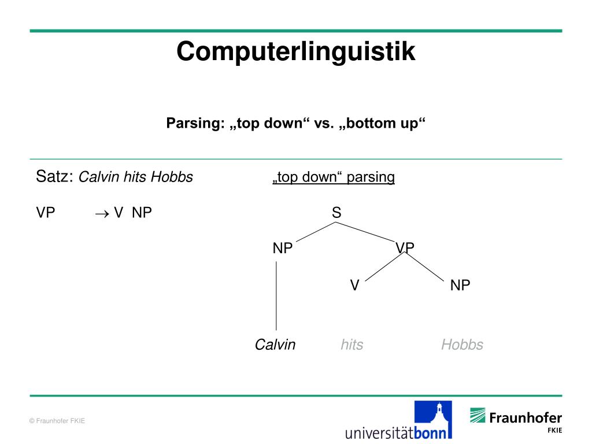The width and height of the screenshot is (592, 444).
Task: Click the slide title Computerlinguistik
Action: tap(296, 51)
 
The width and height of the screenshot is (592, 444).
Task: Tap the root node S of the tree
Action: tap(336, 213)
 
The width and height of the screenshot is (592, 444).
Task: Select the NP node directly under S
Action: tap(283, 249)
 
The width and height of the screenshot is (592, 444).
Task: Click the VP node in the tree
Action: tap(405, 248)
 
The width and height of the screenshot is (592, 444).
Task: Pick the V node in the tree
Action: tap(355, 285)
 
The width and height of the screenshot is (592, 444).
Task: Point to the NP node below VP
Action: tap(460, 285)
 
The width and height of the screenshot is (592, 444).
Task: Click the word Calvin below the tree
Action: tap(275, 345)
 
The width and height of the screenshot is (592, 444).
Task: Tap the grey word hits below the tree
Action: tap(351, 345)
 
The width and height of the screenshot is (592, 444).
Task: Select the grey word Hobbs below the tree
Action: tap(462, 345)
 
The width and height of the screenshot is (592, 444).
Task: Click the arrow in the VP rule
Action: tap(102, 213)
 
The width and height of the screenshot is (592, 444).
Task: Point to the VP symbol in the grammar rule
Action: tap(46, 213)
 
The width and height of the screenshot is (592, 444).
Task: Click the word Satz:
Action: tap(55, 176)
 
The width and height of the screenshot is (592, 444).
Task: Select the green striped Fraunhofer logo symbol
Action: tap(478, 415)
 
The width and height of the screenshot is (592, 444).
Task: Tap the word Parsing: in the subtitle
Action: tap(195, 124)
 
